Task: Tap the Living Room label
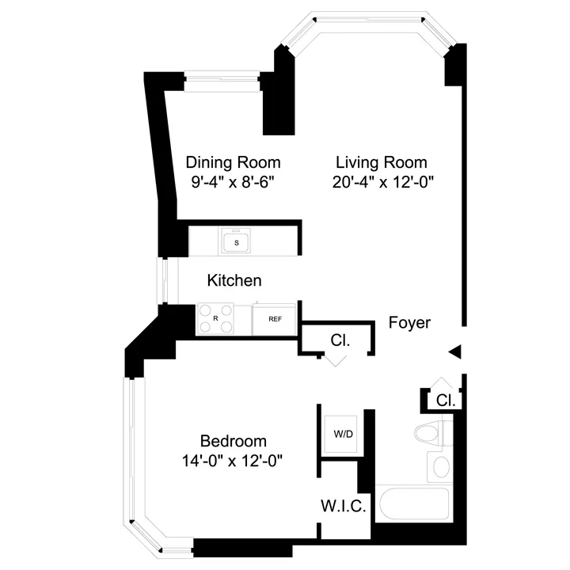(381, 162)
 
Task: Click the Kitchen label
(234, 280)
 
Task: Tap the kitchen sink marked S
(236, 241)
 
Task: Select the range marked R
(215, 318)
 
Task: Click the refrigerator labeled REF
(275, 319)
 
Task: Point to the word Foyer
(409, 323)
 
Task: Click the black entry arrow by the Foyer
(454, 351)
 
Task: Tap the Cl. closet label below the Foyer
(340, 340)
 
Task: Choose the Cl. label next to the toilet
(446, 401)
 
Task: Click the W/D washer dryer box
(343, 434)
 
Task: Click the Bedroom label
(233, 441)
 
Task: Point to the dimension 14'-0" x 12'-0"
(233, 460)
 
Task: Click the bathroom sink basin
(439, 465)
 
